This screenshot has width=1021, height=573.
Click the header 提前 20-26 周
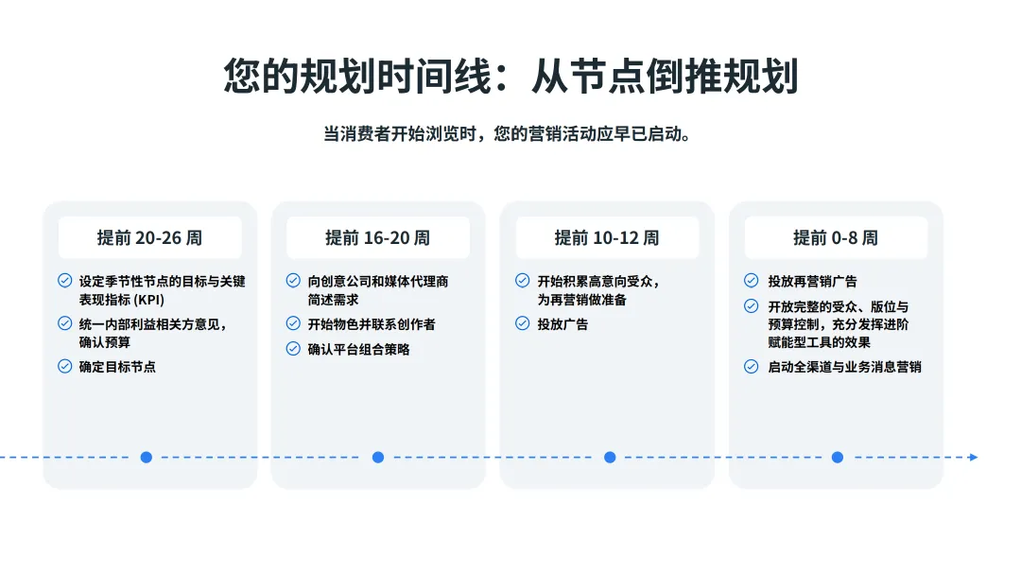pos(149,237)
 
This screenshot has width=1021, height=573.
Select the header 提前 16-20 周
pos(377,237)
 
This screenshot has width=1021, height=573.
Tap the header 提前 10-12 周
pos(606,237)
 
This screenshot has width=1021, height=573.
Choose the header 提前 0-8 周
pos(835,237)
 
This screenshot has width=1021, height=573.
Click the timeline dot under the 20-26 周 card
pos(146,457)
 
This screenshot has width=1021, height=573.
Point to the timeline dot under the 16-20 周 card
pos(377,457)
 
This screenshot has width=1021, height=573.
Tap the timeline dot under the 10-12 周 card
pos(609,457)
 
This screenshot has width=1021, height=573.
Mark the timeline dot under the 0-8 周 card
pos(837,457)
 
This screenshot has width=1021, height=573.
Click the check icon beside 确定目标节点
pos(64,366)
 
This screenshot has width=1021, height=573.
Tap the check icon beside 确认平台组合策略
pos(293,349)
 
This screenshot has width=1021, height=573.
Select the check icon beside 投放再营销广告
pos(751,281)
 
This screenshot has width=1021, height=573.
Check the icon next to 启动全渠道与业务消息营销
pos(751,366)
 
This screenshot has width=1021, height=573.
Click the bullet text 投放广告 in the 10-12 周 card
pos(562,324)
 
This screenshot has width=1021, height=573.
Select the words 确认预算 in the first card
pos(105,342)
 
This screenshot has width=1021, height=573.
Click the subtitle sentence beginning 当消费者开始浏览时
pos(510,134)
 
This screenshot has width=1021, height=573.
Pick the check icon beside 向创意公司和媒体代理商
pos(293,281)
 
